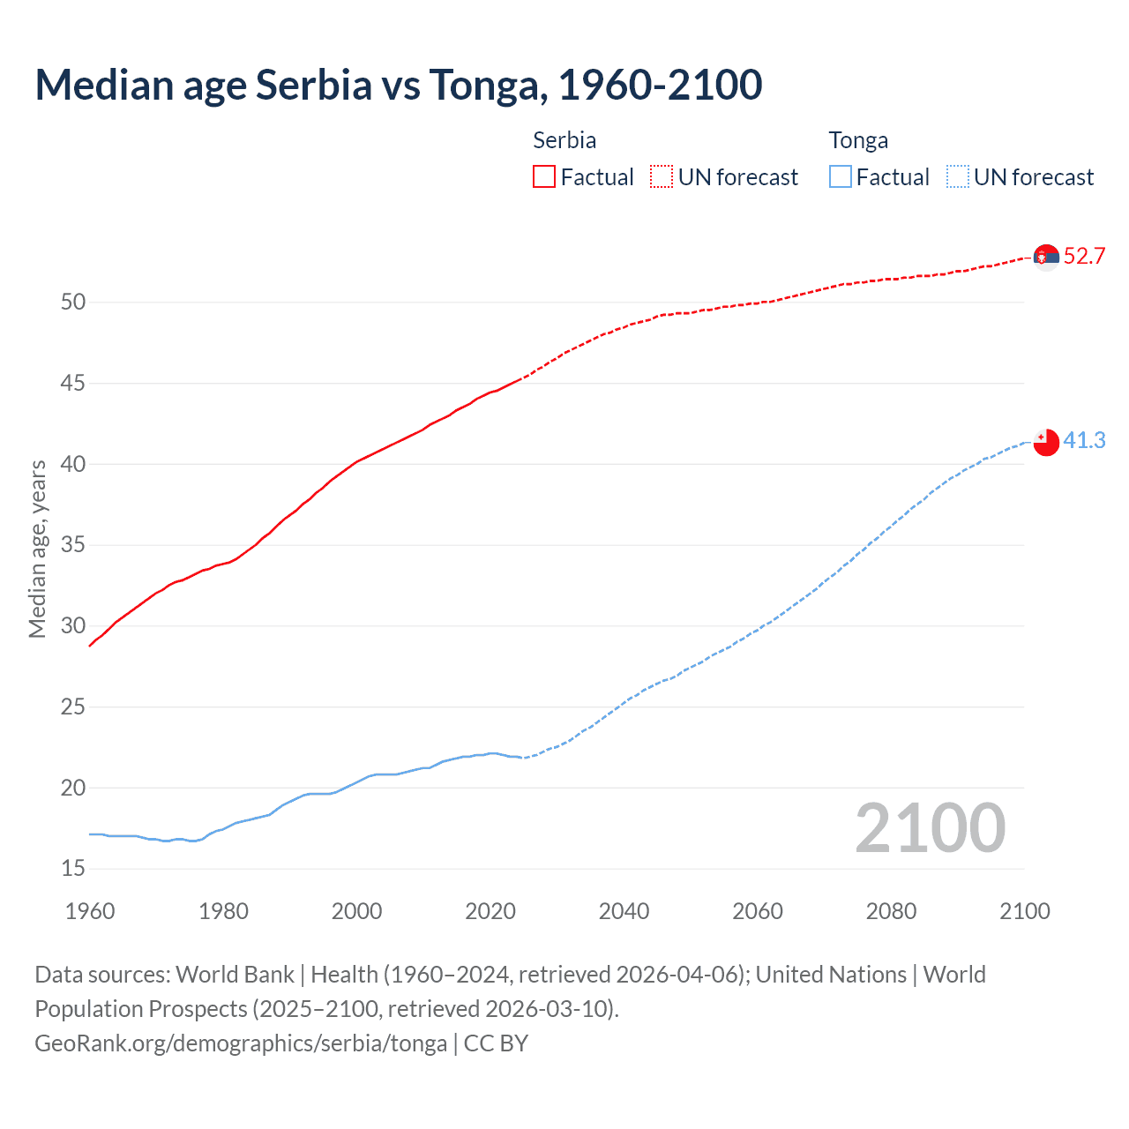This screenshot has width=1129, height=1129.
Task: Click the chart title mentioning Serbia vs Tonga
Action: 399,85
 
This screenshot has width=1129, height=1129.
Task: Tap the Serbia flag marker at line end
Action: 1046,258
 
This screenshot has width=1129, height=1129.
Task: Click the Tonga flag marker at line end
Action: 1046,441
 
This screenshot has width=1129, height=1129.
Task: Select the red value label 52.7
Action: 1084,257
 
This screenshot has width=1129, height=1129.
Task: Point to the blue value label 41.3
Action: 1084,440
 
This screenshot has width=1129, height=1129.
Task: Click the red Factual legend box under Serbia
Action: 544,177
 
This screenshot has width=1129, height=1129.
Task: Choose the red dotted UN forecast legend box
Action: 662,177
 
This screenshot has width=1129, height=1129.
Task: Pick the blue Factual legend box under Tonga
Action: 840,177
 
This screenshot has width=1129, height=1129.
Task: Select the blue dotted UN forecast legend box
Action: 957,177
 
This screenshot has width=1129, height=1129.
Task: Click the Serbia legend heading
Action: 564,140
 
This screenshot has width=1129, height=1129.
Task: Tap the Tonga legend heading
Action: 858,141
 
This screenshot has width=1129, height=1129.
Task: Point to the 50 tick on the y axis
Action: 73,303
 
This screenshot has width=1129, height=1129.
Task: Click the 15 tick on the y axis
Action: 73,869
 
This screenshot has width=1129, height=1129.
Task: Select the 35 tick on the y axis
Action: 73,545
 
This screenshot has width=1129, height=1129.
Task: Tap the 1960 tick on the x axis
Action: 90,911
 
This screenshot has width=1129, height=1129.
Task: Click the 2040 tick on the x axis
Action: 624,911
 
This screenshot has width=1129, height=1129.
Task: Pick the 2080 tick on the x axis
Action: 891,911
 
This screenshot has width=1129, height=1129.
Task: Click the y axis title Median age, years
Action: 37,549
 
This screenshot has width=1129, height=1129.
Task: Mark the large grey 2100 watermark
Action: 930,828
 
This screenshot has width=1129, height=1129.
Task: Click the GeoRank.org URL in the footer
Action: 241,1043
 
